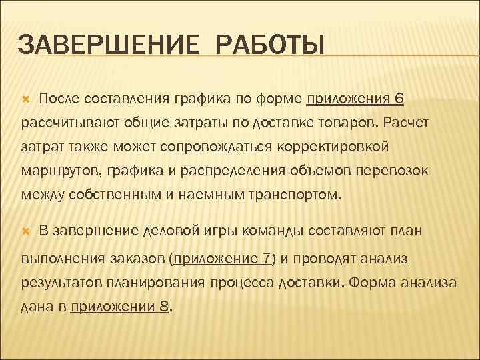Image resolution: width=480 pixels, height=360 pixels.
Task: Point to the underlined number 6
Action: [x=399, y=99]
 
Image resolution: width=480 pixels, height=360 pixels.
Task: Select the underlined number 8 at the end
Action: [x=165, y=307]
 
